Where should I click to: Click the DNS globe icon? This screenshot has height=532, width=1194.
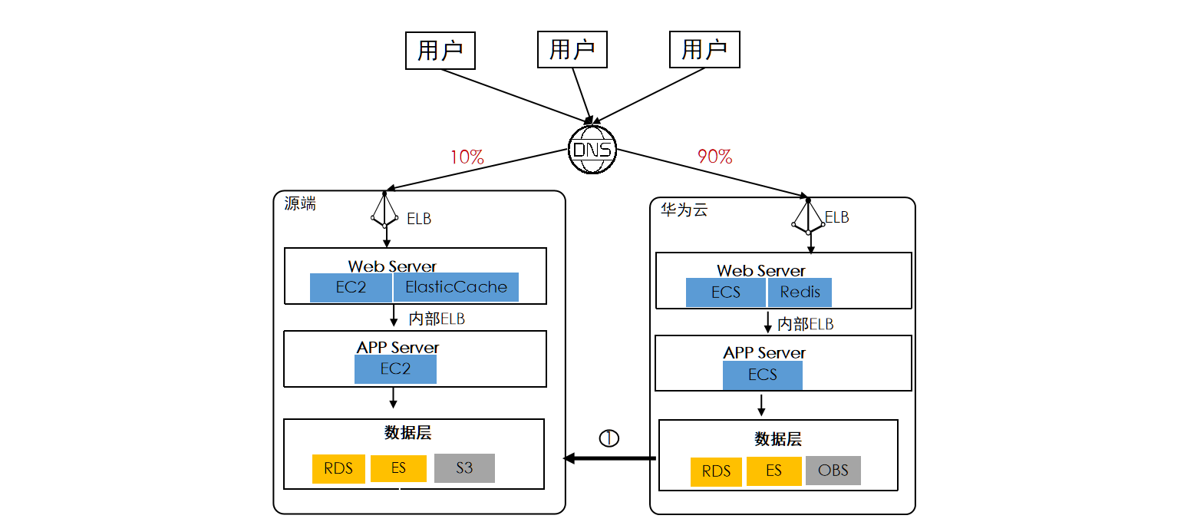[592, 149]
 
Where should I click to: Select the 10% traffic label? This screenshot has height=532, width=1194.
[467, 157]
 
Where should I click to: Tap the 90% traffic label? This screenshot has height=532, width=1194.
[714, 157]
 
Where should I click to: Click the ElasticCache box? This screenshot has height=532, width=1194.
[456, 287]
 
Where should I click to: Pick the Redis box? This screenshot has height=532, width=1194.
[800, 292]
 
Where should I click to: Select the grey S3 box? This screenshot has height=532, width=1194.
[464, 468]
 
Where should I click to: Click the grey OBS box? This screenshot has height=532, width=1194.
[833, 471]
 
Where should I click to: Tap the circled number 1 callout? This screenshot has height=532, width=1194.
[609, 438]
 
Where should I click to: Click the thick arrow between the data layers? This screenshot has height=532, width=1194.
[610, 458]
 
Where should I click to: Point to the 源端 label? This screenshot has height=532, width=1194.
[299, 204]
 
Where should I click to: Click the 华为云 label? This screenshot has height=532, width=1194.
[684, 210]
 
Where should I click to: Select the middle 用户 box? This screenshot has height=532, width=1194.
[572, 50]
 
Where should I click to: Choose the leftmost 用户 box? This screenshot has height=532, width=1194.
[440, 51]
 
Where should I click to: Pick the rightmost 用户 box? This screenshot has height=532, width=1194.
[704, 50]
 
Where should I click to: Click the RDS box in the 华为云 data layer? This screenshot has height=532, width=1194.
[716, 471]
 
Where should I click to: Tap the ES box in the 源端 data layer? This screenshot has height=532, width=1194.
[398, 468]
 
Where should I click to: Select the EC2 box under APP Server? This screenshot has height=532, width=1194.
[395, 369]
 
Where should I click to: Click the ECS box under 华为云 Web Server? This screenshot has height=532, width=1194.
[725, 292]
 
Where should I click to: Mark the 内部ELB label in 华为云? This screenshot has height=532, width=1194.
[805, 324]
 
